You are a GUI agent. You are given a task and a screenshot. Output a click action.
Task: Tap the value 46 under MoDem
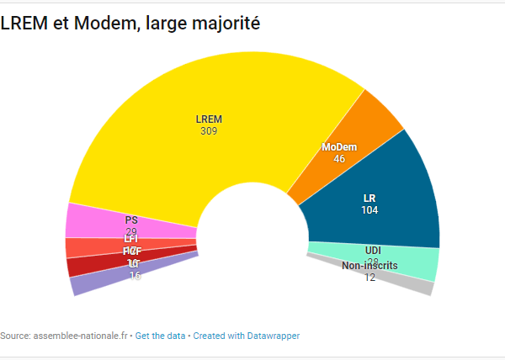339,158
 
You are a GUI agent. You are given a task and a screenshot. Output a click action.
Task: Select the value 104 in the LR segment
369,209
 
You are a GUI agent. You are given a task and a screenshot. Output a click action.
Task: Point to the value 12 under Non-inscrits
369,278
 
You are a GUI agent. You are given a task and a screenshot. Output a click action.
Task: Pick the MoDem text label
339,147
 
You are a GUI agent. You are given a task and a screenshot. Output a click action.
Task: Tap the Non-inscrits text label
369,267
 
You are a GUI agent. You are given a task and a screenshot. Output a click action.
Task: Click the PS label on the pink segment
131,220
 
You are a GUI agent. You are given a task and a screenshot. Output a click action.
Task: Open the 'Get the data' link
160,336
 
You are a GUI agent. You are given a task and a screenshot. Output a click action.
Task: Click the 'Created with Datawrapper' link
246,336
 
